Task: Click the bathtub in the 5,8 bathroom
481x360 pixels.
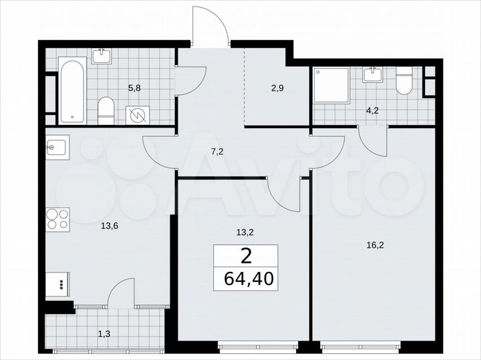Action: point(72,91)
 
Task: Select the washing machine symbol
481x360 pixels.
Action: point(138,116)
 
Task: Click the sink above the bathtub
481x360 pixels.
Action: point(102,55)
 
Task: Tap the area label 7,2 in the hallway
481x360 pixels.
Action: point(216,152)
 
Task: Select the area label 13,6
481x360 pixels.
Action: point(110,226)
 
